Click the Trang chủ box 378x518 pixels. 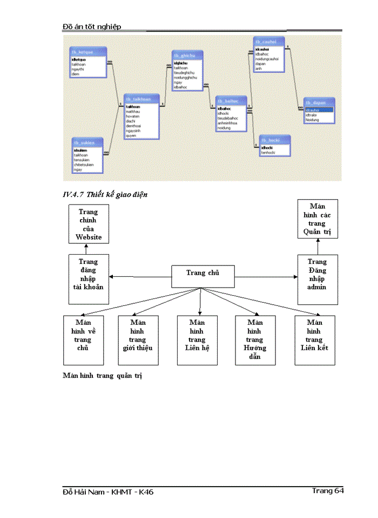coord(202,276)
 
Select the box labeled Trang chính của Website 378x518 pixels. coord(88,224)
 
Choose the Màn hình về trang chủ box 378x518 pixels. coord(83,340)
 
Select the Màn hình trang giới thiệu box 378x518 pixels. coord(138,340)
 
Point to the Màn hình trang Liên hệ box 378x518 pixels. coord(197,340)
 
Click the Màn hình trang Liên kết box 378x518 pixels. coord(314,340)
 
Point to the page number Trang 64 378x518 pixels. coord(327,490)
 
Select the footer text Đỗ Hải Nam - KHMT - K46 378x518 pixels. coord(109,492)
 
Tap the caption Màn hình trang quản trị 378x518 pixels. coord(102,376)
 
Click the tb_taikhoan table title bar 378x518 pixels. coord(141,99)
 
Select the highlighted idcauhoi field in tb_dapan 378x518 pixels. coord(319,110)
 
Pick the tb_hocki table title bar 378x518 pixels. coord(274,140)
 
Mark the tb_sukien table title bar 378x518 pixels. coord(88,142)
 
